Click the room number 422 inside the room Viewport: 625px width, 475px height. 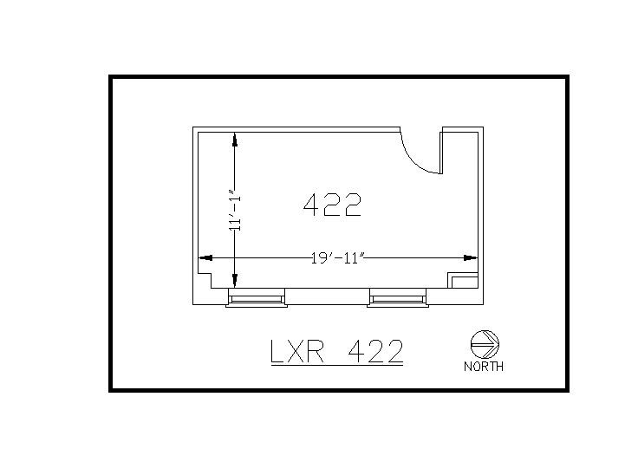[x=332, y=205]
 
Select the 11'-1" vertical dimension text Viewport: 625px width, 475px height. [x=234, y=211]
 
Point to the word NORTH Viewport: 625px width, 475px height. [x=484, y=366]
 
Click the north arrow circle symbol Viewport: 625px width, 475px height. [x=483, y=343]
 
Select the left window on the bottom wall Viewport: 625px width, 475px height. [x=256, y=299]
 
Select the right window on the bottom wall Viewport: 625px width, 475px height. [x=398, y=299]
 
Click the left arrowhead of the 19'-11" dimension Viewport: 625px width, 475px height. [x=206, y=257]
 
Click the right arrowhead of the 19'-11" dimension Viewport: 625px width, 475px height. [x=471, y=257]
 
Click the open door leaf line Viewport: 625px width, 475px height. [x=441, y=152]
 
